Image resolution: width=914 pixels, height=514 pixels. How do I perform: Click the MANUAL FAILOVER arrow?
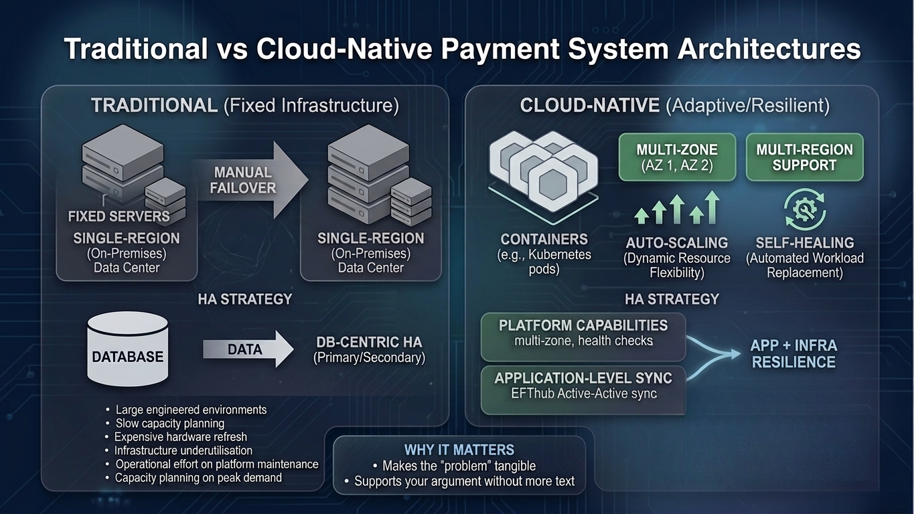(251, 181)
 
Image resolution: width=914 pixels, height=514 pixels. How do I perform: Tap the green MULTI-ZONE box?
(677, 157)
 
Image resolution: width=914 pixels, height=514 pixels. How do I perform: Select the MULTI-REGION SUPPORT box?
(804, 157)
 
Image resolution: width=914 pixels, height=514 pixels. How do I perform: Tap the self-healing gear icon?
(804, 209)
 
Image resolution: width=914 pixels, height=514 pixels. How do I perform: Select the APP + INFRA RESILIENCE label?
(793, 354)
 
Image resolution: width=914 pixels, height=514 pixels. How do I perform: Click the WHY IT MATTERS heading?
(459, 450)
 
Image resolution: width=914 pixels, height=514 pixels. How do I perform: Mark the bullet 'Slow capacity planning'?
(169, 423)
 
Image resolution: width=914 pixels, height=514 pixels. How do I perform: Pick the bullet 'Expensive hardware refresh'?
(181, 437)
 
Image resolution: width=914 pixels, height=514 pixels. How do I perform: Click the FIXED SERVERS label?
(119, 217)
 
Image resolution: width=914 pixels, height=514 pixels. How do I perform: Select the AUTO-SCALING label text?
(676, 243)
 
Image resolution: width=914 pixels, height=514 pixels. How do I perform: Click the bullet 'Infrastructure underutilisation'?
(183, 450)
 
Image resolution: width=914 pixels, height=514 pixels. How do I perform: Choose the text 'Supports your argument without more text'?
(464, 481)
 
